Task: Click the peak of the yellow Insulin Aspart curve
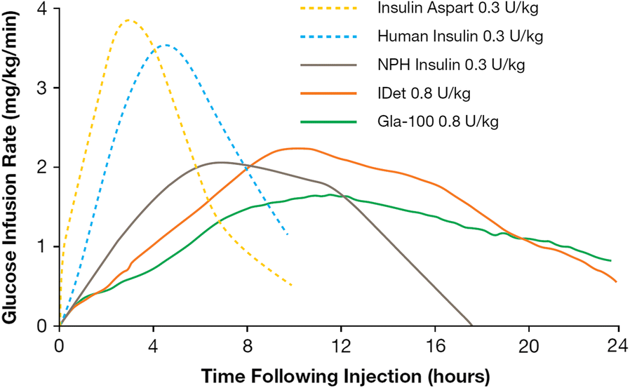128,20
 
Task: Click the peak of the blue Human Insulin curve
165,46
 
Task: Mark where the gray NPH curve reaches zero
471,325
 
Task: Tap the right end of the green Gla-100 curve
610,260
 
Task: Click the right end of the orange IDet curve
616,281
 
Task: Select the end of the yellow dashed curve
290,285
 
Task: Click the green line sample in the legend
327,122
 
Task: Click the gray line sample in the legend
327,66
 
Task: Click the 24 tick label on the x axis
615,344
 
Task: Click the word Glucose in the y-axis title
12,288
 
